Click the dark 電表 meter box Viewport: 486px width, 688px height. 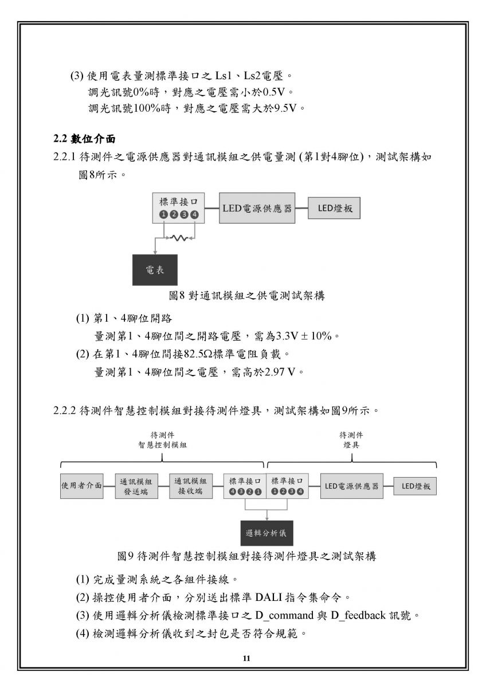click(x=155, y=269)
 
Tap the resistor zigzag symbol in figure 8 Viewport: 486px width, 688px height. click(x=179, y=237)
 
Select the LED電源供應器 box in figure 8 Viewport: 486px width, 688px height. click(x=257, y=208)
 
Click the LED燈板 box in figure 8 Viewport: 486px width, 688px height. click(x=334, y=208)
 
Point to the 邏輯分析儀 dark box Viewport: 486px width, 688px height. click(x=266, y=533)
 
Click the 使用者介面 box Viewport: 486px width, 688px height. click(x=81, y=486)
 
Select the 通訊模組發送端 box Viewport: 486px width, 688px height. click(x=136, y=486)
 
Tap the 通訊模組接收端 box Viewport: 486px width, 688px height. click(x=191, y=486)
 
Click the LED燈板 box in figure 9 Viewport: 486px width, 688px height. click(x=415, y=486)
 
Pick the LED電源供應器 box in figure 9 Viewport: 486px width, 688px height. click(x=351, y=486)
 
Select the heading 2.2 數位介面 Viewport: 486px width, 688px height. click(x=84, y=139)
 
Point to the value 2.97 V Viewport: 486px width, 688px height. click(x=280, y=372)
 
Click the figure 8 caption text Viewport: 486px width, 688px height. click(x=246, y=295)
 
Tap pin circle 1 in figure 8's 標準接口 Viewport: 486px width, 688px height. click(x=163, y=214)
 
